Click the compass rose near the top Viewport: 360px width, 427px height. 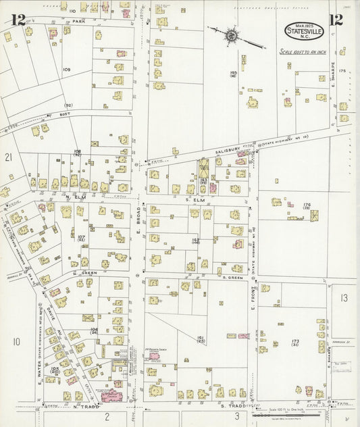232,34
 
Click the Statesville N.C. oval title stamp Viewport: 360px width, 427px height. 299,31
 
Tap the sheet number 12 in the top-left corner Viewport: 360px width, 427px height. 18,20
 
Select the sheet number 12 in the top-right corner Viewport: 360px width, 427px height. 335,19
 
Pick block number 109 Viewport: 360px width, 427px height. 67,70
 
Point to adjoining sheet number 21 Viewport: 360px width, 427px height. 9,157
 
